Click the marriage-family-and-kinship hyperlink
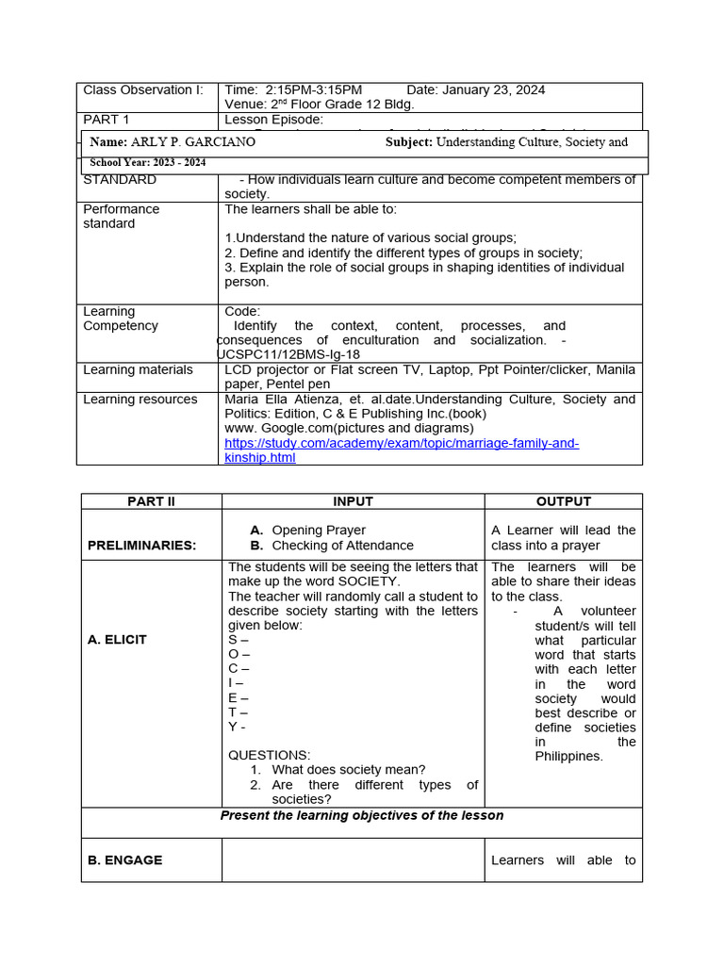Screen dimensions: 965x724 (x=402, y=450)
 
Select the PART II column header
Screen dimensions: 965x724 (x=152, y=501)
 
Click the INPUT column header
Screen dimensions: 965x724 (x=353, y=501)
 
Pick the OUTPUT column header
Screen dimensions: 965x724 (x=563, y=501)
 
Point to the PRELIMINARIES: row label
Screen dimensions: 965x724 (x=141, y=546)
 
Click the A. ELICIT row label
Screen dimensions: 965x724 (x=117, y=640)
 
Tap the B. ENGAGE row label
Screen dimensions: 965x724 (x=124, y=860)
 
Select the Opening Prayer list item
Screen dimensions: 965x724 (x=318, y=531)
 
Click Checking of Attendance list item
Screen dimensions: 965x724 (x=342, y=546)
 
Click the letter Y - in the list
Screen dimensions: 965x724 (x=238, y=727)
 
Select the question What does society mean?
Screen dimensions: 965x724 (x=348, y=770)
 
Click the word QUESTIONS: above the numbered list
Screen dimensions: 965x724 (x=269, y=755)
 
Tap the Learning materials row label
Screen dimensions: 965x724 (x=138, y=370)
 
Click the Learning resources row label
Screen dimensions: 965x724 (x=140, y=400)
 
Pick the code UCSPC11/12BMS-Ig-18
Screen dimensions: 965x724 (x=288, y=354)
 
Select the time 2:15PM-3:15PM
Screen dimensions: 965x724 (x=293, y=90)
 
